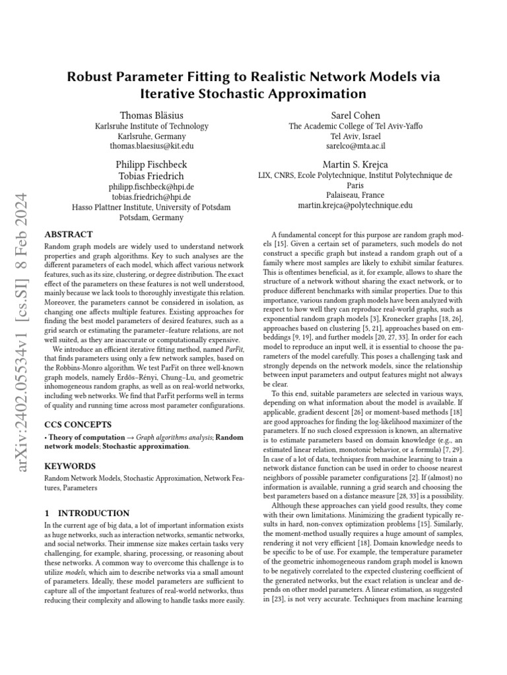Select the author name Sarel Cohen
[355, 115]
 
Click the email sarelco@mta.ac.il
[355, 146]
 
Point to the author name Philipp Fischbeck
[151, 164]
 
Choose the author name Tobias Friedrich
[151, 176]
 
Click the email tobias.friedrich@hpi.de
[151, 196]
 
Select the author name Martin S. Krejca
[355, 164]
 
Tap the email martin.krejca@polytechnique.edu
[355, 205]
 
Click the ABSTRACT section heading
[68, 234]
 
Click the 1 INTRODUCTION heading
[86, 512]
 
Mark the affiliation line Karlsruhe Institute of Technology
[151, 126]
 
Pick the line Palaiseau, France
[355, 195]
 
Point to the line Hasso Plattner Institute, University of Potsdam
[151, 207]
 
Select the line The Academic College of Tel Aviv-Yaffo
[355, 126]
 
